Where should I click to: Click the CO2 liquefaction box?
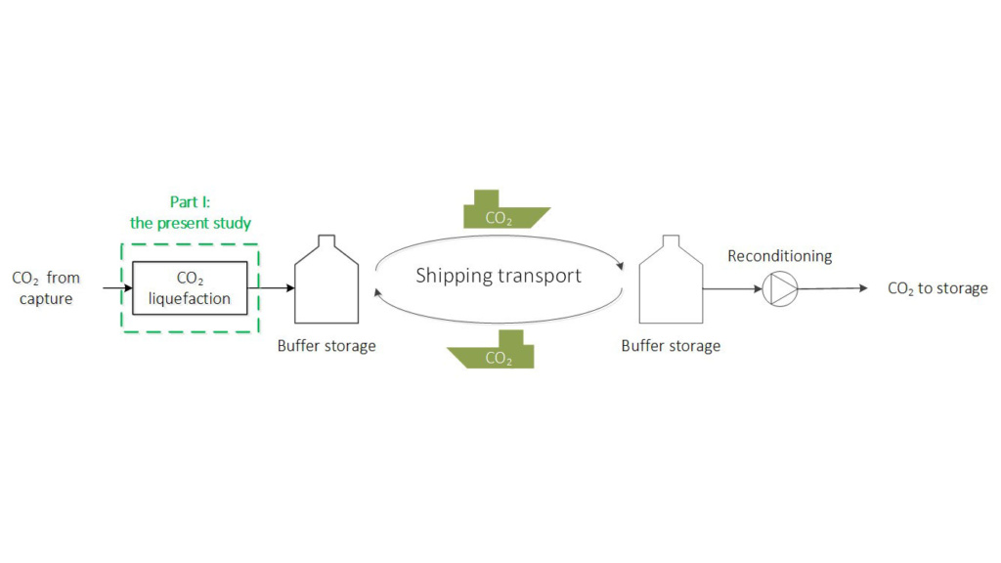click(190, 288)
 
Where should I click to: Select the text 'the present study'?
click(191, 223)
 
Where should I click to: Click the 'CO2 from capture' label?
click(46, 288)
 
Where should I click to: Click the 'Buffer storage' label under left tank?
click(326, 346)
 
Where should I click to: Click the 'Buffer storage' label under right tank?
click(671, 346)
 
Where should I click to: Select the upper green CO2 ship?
click(501, 210)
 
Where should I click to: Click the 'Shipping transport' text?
click(499, 276)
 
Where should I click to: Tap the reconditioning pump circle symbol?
click(780, 288)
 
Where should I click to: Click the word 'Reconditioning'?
click(780, 256)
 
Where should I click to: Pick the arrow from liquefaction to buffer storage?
click(272, 288)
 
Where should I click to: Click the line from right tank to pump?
click(731, 288)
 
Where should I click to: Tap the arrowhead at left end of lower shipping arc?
click(380, 289)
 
